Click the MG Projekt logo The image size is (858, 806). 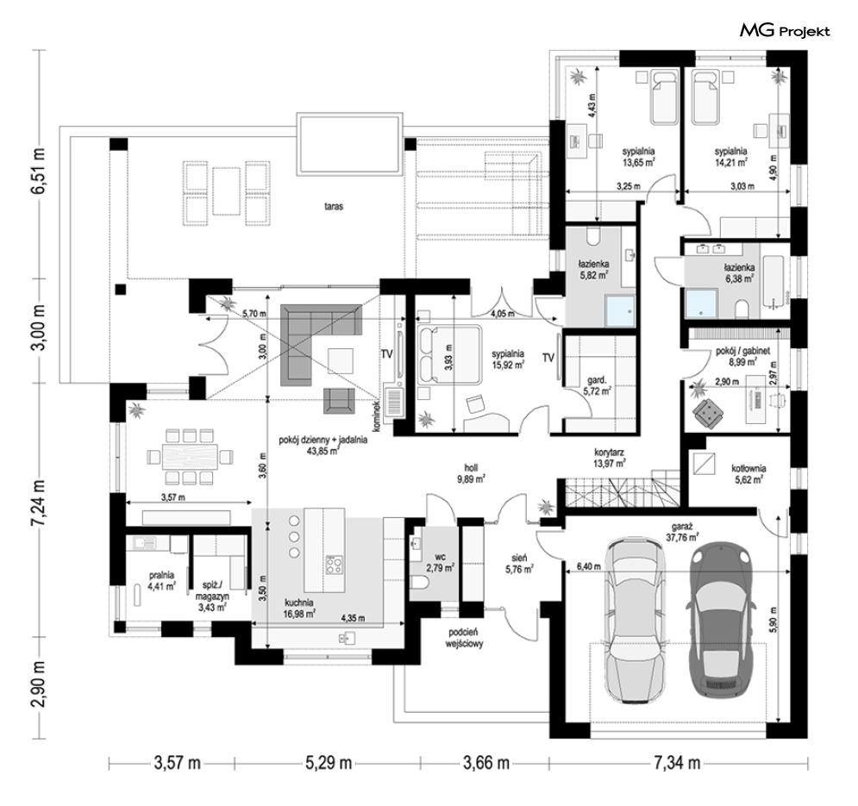click(785, 31)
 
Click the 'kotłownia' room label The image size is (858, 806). click(748, 468)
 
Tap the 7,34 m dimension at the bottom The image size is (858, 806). click(677, 762)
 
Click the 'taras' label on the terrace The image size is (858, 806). click(333, 207)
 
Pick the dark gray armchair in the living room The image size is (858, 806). click(339, 401)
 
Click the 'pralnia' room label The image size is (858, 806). click(161, 575)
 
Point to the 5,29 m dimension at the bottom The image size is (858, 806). click(327, 762)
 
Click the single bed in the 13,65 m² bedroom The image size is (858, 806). click(664, 97)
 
